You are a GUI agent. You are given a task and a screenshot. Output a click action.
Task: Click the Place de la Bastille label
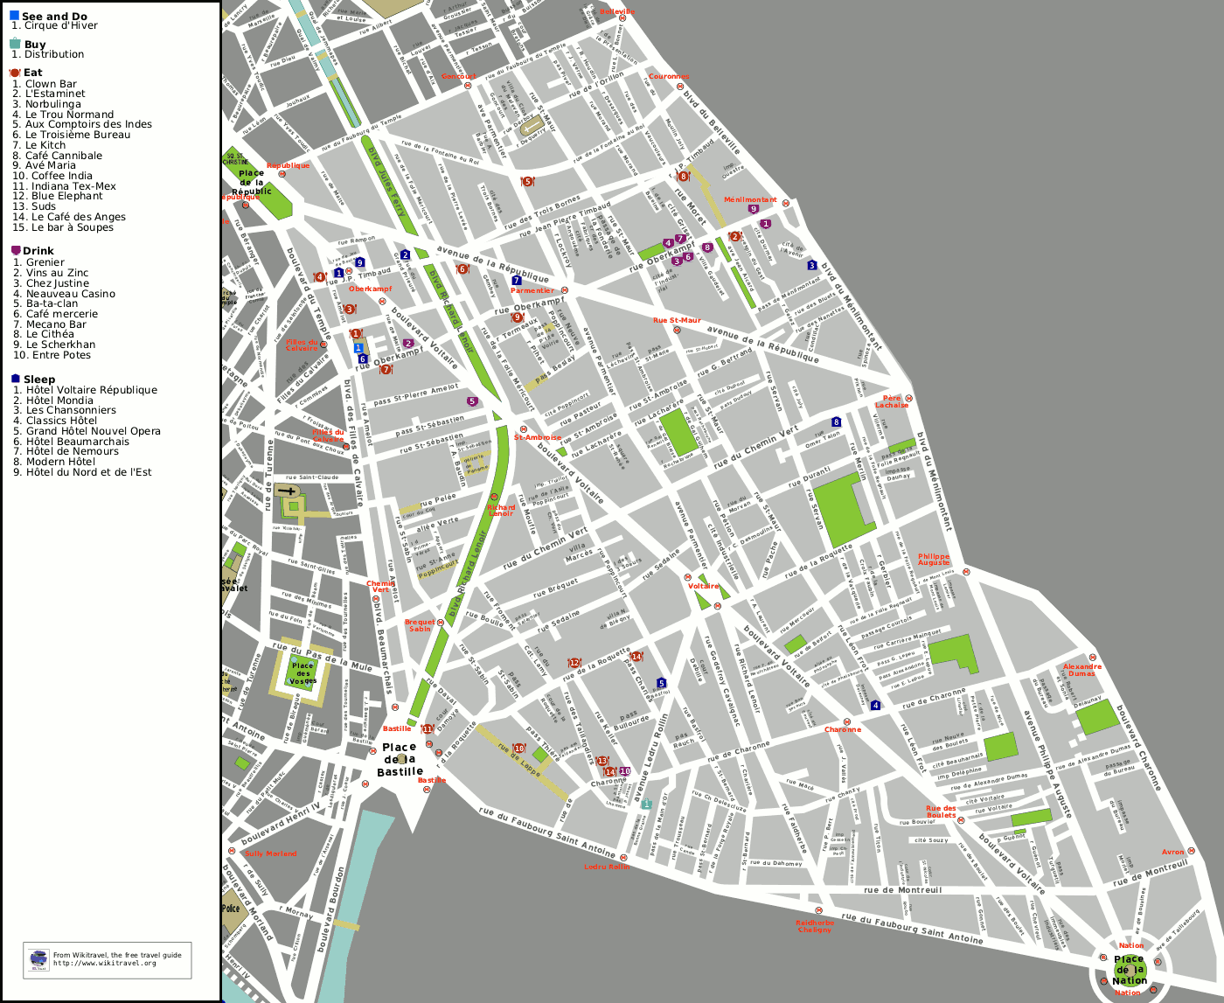coord(400,759)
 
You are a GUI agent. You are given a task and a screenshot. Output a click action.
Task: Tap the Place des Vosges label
coord(303,673)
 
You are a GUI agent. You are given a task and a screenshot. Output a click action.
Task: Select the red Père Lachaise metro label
coord(892,401)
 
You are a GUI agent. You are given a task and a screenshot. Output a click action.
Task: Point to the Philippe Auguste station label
coord(933,559)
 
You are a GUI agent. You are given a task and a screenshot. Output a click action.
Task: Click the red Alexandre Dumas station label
coord(1081,670)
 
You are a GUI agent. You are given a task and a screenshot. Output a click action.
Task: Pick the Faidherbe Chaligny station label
coord(814,925)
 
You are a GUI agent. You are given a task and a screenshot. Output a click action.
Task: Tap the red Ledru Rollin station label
coord(607,867)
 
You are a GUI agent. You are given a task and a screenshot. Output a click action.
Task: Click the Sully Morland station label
coord(271,853)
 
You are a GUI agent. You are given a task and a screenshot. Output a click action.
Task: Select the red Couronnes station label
coord(669,77)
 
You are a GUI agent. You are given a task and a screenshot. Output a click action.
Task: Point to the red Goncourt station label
coord(458,76)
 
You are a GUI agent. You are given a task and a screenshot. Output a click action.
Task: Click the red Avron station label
coord(1172,852)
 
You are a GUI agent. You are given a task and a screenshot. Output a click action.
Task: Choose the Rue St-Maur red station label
coord(677,321)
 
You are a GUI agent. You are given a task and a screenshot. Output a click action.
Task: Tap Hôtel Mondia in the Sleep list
coord(59,401)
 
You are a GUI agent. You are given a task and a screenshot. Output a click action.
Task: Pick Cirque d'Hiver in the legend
coord(60,26)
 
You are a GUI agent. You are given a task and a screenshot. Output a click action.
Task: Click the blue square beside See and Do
coord(14,16)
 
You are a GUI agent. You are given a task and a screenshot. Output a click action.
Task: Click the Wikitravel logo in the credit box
coord(38,959)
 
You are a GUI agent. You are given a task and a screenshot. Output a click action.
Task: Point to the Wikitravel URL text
coord(105,964)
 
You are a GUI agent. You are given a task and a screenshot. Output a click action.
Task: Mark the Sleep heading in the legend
coord(38,380)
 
